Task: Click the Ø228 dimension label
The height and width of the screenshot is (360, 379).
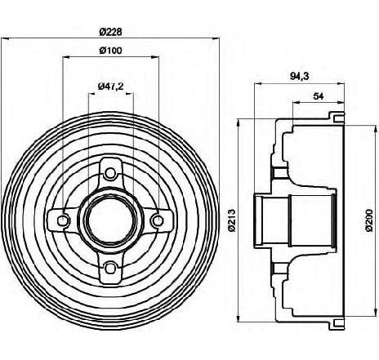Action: pos(110,32)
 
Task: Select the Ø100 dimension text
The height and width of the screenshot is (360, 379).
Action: pos(110,51)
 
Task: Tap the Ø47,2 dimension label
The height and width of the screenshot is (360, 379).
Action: pos(111,87)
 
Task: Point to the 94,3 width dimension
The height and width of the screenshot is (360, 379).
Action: pos(300,77)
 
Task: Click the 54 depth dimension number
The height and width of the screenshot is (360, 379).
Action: pos(319,96)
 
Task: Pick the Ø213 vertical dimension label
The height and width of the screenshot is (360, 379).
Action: pos(232,220)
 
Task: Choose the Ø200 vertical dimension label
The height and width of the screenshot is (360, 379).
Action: pos(369,220)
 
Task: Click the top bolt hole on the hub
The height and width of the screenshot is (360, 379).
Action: pos(110,173)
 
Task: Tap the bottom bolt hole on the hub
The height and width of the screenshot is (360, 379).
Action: pos(110,268)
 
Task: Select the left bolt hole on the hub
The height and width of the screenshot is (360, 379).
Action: pos(63,220)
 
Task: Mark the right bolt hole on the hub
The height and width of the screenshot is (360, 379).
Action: pos(158,220)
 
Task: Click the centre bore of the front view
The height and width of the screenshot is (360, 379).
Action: pos(110,220)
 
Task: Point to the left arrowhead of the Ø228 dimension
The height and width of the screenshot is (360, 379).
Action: pos(5,38)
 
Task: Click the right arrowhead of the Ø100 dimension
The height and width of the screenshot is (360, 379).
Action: pos(155,57)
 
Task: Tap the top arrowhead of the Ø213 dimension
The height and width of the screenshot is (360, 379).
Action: pos(239,122)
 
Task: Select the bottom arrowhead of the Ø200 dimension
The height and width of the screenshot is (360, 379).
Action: pos(373,313)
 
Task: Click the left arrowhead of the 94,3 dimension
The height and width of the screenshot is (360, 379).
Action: pos(258,83)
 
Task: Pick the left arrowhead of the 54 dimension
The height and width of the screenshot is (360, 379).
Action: pos(297,102)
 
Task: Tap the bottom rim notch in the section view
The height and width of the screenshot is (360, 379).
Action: pos(338,322)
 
